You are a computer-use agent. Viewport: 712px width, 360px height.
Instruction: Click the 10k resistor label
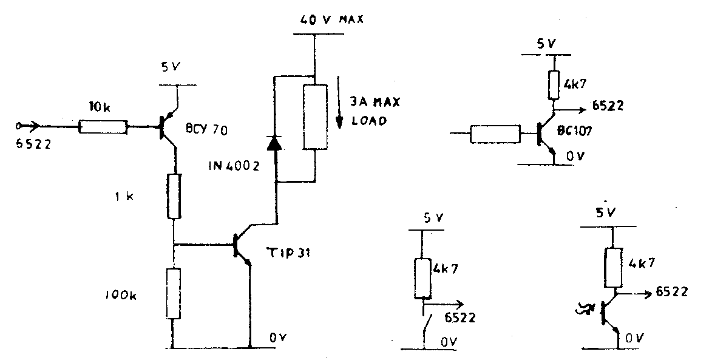point(100,109)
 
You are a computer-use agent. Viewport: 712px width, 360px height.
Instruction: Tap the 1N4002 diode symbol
point(275,142)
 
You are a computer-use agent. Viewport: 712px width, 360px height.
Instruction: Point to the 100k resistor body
point(173,293)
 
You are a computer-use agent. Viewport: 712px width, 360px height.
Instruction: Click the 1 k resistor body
point(174,196)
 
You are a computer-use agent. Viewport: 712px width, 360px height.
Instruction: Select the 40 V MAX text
point(331,19)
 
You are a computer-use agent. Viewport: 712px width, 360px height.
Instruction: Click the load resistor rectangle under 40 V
point(315,117)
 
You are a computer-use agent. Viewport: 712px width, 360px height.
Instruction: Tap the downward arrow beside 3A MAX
point(341,115)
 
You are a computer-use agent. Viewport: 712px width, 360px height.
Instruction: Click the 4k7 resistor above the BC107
point(554,85)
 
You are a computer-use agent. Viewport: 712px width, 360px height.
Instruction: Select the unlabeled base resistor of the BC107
point(496,134)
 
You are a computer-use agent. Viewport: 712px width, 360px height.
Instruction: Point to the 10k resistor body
point(103,126)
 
